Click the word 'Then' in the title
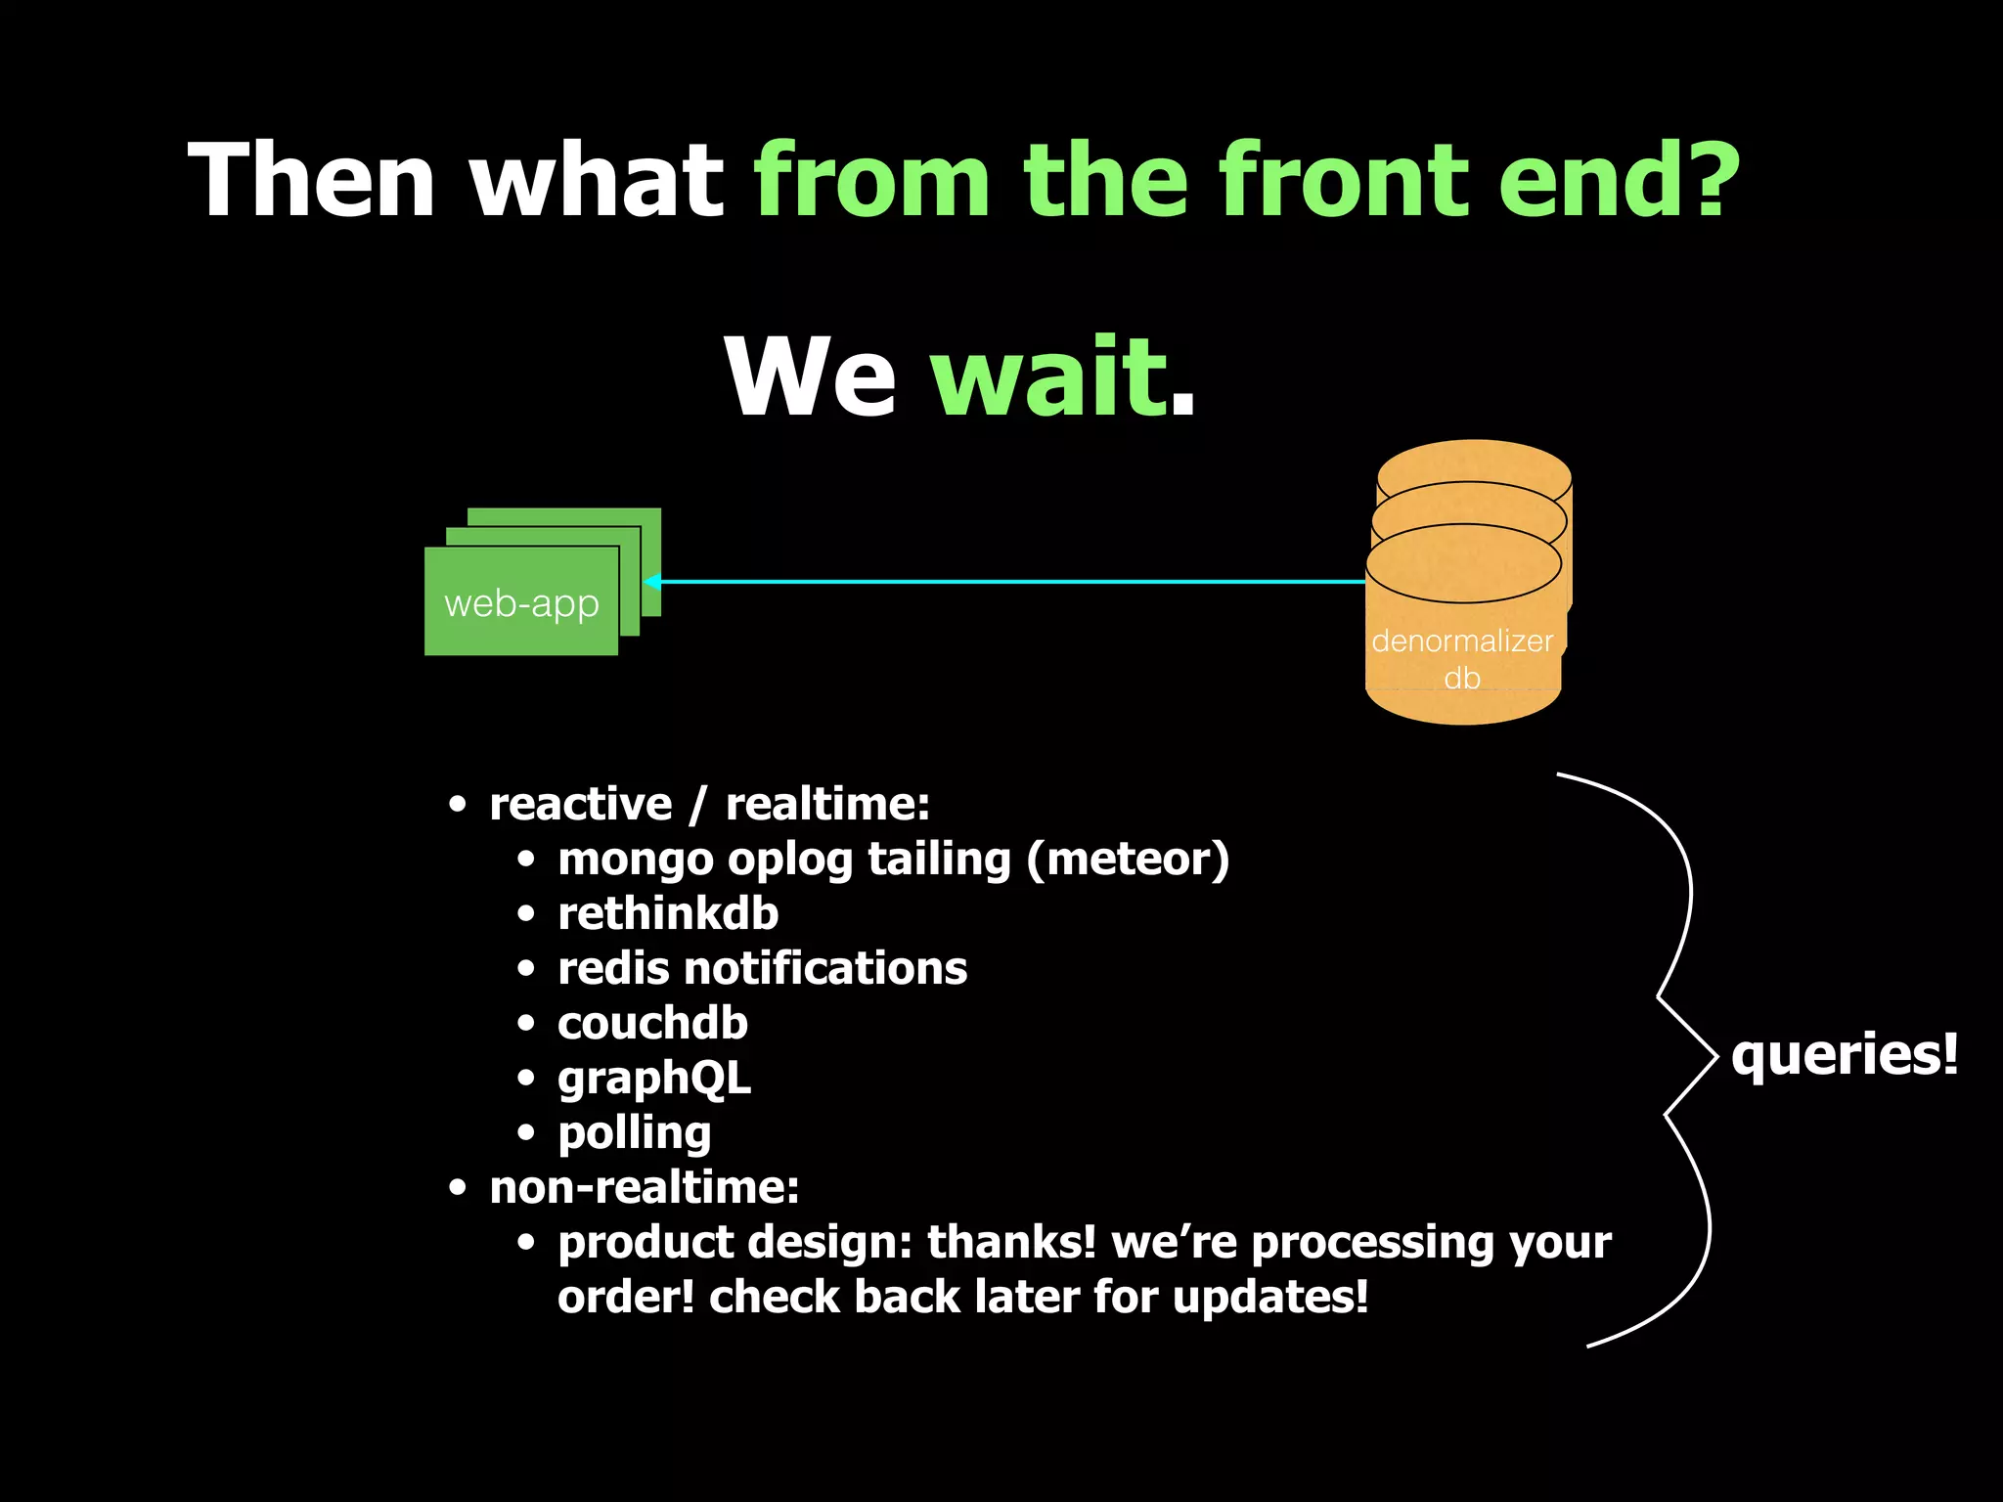coord(311,181)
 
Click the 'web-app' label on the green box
coord(521,604)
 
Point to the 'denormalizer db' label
coord(1462,658)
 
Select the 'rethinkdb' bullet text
coord(668,913)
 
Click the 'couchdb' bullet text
coord(652,1023)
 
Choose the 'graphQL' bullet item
coord(654,1079)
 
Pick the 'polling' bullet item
coord(634,1133)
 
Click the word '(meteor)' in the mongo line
coord(1127,860)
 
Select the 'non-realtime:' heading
coord(644,1188)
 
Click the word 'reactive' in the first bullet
coord(581,804)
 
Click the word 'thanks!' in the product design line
coord(1011,1243)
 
